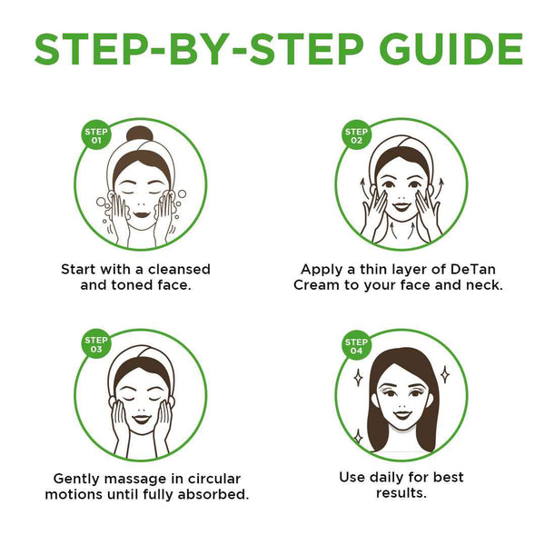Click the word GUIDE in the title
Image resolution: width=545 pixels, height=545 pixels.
[x=451, y=49]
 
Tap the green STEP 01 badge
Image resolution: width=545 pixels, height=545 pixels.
[x=96, y=136]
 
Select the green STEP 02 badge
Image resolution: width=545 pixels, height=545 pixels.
[x=356, y=135]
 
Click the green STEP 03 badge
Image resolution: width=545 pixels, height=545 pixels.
[x=96, y=344]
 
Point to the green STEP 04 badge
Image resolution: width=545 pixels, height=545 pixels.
[x=356, y=346]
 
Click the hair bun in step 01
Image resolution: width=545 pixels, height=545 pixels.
[x=139, y=134]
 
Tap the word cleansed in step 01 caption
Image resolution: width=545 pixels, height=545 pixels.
[x=179, y=270]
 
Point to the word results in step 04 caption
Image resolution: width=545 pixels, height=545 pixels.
[x=401, y=493]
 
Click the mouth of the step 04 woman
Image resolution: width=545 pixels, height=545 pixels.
[x=401, y=415]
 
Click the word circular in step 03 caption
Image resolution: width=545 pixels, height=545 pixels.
[x=214, y=479]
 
